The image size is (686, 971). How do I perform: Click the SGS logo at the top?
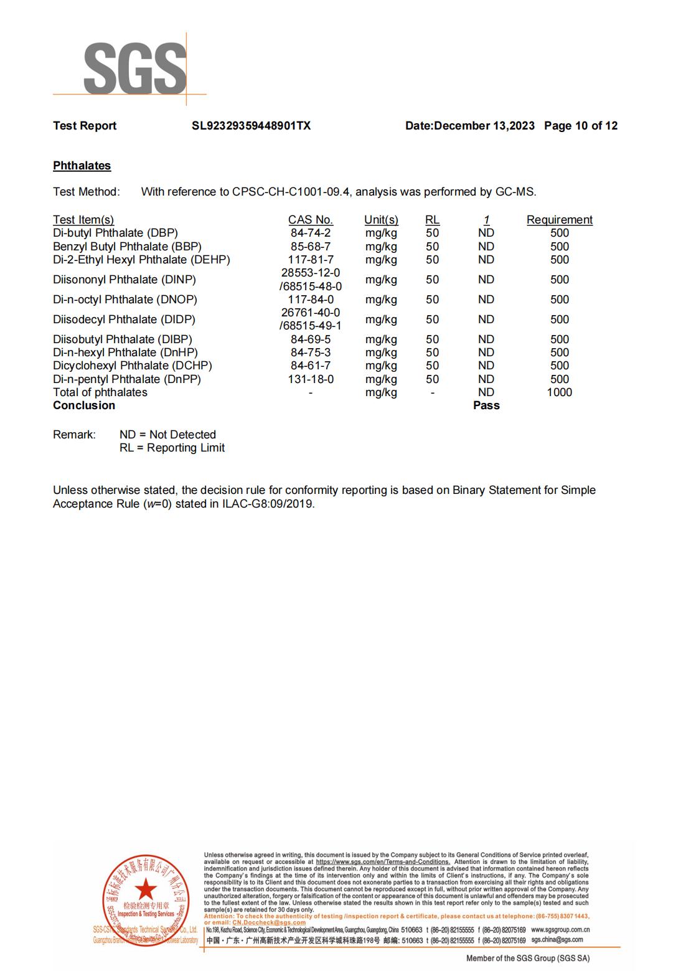tap(134, 69)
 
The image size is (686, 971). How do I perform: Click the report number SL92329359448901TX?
tap(251, 126)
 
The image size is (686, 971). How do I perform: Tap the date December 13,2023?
tap(484, 126)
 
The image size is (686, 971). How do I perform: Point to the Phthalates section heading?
tap(82, 166)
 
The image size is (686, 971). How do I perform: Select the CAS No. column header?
tap(310, 220)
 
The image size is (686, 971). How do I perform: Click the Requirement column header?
tap(559, 220)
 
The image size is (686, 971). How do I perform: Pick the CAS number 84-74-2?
tap(310, 233)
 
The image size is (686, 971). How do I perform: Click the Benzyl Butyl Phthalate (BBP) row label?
tap(127, 247)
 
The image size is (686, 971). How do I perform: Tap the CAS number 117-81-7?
tap(310, 260)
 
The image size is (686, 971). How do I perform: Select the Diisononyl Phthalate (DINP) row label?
tap(124, 280)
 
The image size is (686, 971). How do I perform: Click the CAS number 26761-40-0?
tap(310, 313)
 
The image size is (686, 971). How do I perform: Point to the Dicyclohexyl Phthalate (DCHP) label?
tap(132, 366)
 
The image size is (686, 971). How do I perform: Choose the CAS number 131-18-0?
tap(310, 379)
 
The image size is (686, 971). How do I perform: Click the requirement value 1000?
tap(559, 392)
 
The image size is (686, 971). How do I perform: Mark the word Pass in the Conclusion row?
tap(486, 405)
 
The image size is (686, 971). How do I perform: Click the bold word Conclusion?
tap(84, 405)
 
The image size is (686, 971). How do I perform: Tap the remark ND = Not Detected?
tap(167, 435)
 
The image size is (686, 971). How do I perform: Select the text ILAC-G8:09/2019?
tap(268, 504)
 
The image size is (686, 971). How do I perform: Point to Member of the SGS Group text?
tap(527, 958)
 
